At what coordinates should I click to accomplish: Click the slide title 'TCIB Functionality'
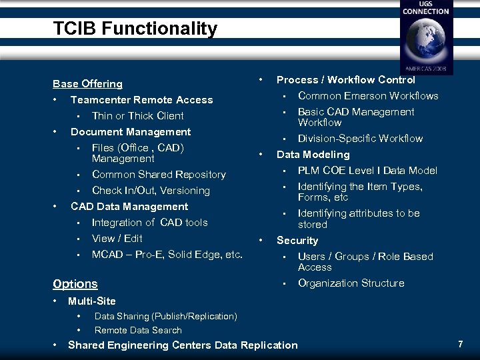click(135, 29)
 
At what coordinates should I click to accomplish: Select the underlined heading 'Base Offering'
click(87, 84)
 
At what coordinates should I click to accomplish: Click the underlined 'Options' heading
click(75, 284)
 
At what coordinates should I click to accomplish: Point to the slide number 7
click(460, 345)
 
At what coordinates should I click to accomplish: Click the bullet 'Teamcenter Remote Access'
click(141, 100)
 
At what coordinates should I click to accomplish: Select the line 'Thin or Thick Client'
click(137, 116)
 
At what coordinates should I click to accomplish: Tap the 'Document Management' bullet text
click(131, 132)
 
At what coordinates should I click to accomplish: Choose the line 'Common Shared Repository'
click(159, 175)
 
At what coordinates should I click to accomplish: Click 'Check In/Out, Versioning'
click(151, 191)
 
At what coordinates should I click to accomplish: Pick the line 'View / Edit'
click(117, 239)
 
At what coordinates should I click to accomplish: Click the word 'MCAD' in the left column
click(107, 255)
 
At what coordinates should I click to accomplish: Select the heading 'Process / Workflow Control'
click(345, 80)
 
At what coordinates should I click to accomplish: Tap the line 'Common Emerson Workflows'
click(368, 96)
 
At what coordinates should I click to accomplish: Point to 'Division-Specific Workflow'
click(360, 139)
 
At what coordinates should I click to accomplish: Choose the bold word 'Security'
click(297, 241)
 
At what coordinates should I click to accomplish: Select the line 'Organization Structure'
click(351, 283)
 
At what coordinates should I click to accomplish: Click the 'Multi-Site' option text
click(92, 301)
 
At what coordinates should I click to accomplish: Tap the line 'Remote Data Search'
click(138, 330)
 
